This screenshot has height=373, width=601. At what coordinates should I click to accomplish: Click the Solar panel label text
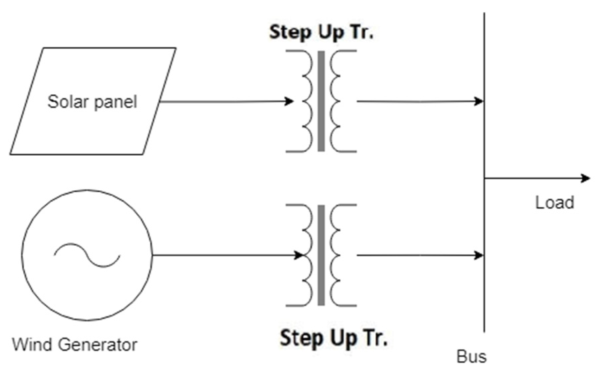point(92,102)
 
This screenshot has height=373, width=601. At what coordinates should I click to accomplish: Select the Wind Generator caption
point(75,345)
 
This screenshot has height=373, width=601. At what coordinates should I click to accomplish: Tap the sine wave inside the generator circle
point(87,255)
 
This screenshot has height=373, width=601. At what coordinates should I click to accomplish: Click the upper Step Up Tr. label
point(321,33)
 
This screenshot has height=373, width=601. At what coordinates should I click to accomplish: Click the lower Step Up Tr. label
point(333,338)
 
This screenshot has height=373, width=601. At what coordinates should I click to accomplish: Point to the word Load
point(554,203)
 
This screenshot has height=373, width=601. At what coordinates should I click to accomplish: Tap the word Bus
point(471,356)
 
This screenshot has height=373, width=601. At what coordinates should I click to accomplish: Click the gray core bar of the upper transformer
point(321,101)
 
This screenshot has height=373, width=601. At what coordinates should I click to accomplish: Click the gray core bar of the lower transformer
point(321,255)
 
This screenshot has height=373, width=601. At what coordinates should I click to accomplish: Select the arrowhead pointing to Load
point(586,178)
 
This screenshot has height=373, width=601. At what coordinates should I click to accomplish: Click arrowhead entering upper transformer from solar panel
point(289,101)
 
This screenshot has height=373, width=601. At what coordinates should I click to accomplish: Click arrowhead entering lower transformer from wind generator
point(298,255)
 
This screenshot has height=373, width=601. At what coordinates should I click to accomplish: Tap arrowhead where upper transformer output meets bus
point(479,101)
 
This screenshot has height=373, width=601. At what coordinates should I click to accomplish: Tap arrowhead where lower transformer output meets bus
point(479,255)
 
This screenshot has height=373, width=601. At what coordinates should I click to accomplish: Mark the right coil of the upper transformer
point(335,101)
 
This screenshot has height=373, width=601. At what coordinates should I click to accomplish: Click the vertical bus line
point(484,140)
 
